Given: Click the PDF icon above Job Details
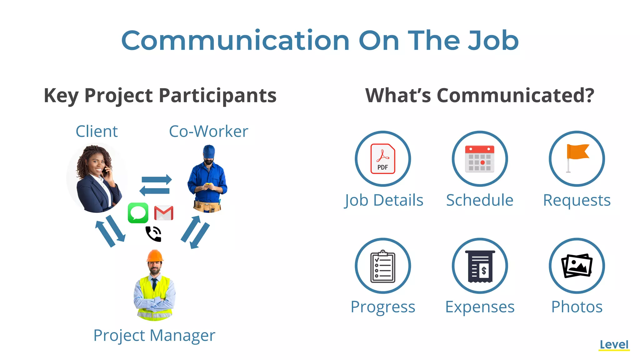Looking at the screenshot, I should (383, 159).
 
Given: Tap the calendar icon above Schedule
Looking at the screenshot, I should (480, 159).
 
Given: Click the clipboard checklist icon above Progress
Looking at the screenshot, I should (383, 266).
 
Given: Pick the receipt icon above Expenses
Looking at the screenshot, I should (480, 266).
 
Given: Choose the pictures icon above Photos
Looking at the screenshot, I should (577, 266).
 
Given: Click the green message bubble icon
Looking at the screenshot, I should (138, 213).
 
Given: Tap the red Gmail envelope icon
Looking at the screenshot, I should (164, 213).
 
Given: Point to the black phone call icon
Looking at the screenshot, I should (153, 234).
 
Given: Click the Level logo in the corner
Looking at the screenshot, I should (614, 345).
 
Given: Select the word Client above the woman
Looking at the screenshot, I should (97, 131).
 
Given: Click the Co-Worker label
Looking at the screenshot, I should (208, 131).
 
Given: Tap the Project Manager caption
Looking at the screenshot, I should (154, 336).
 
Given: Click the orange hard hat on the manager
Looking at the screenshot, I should (155, 255).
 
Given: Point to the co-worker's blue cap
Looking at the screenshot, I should (209, 152).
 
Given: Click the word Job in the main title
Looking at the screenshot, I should (492, 41).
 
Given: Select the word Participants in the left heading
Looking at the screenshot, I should (217, 96).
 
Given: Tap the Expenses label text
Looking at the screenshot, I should (480, 307).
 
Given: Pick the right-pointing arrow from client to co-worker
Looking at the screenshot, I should (157, 180).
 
